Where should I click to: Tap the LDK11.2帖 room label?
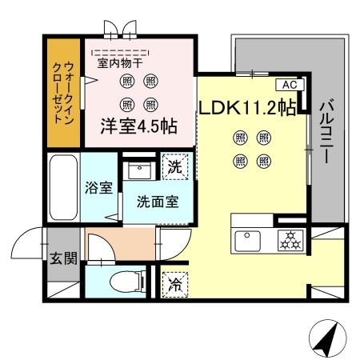(247, 107)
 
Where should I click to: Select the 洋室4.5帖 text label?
(138, 127)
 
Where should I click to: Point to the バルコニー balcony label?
(326, 132)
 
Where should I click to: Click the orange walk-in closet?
(63, 92)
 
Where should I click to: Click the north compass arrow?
(323, 339)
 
